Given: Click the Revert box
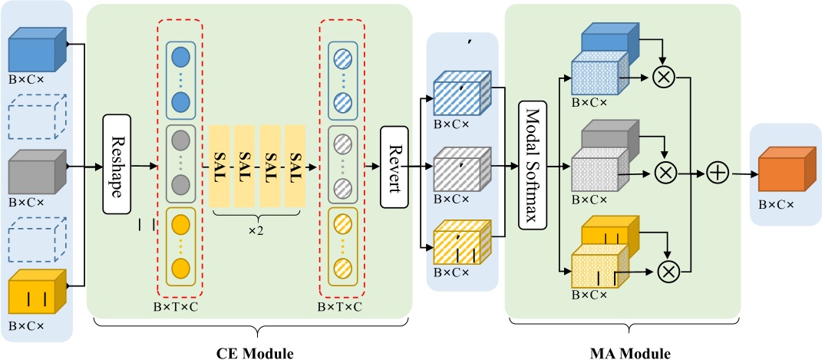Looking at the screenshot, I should [395, 166].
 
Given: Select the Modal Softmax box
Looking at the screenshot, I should [533, 165].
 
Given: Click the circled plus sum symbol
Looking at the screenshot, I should [718, 173].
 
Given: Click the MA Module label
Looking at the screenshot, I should [630, 353].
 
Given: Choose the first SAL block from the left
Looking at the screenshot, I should [219, 166].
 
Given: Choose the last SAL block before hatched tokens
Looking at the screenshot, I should [295, 166].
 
